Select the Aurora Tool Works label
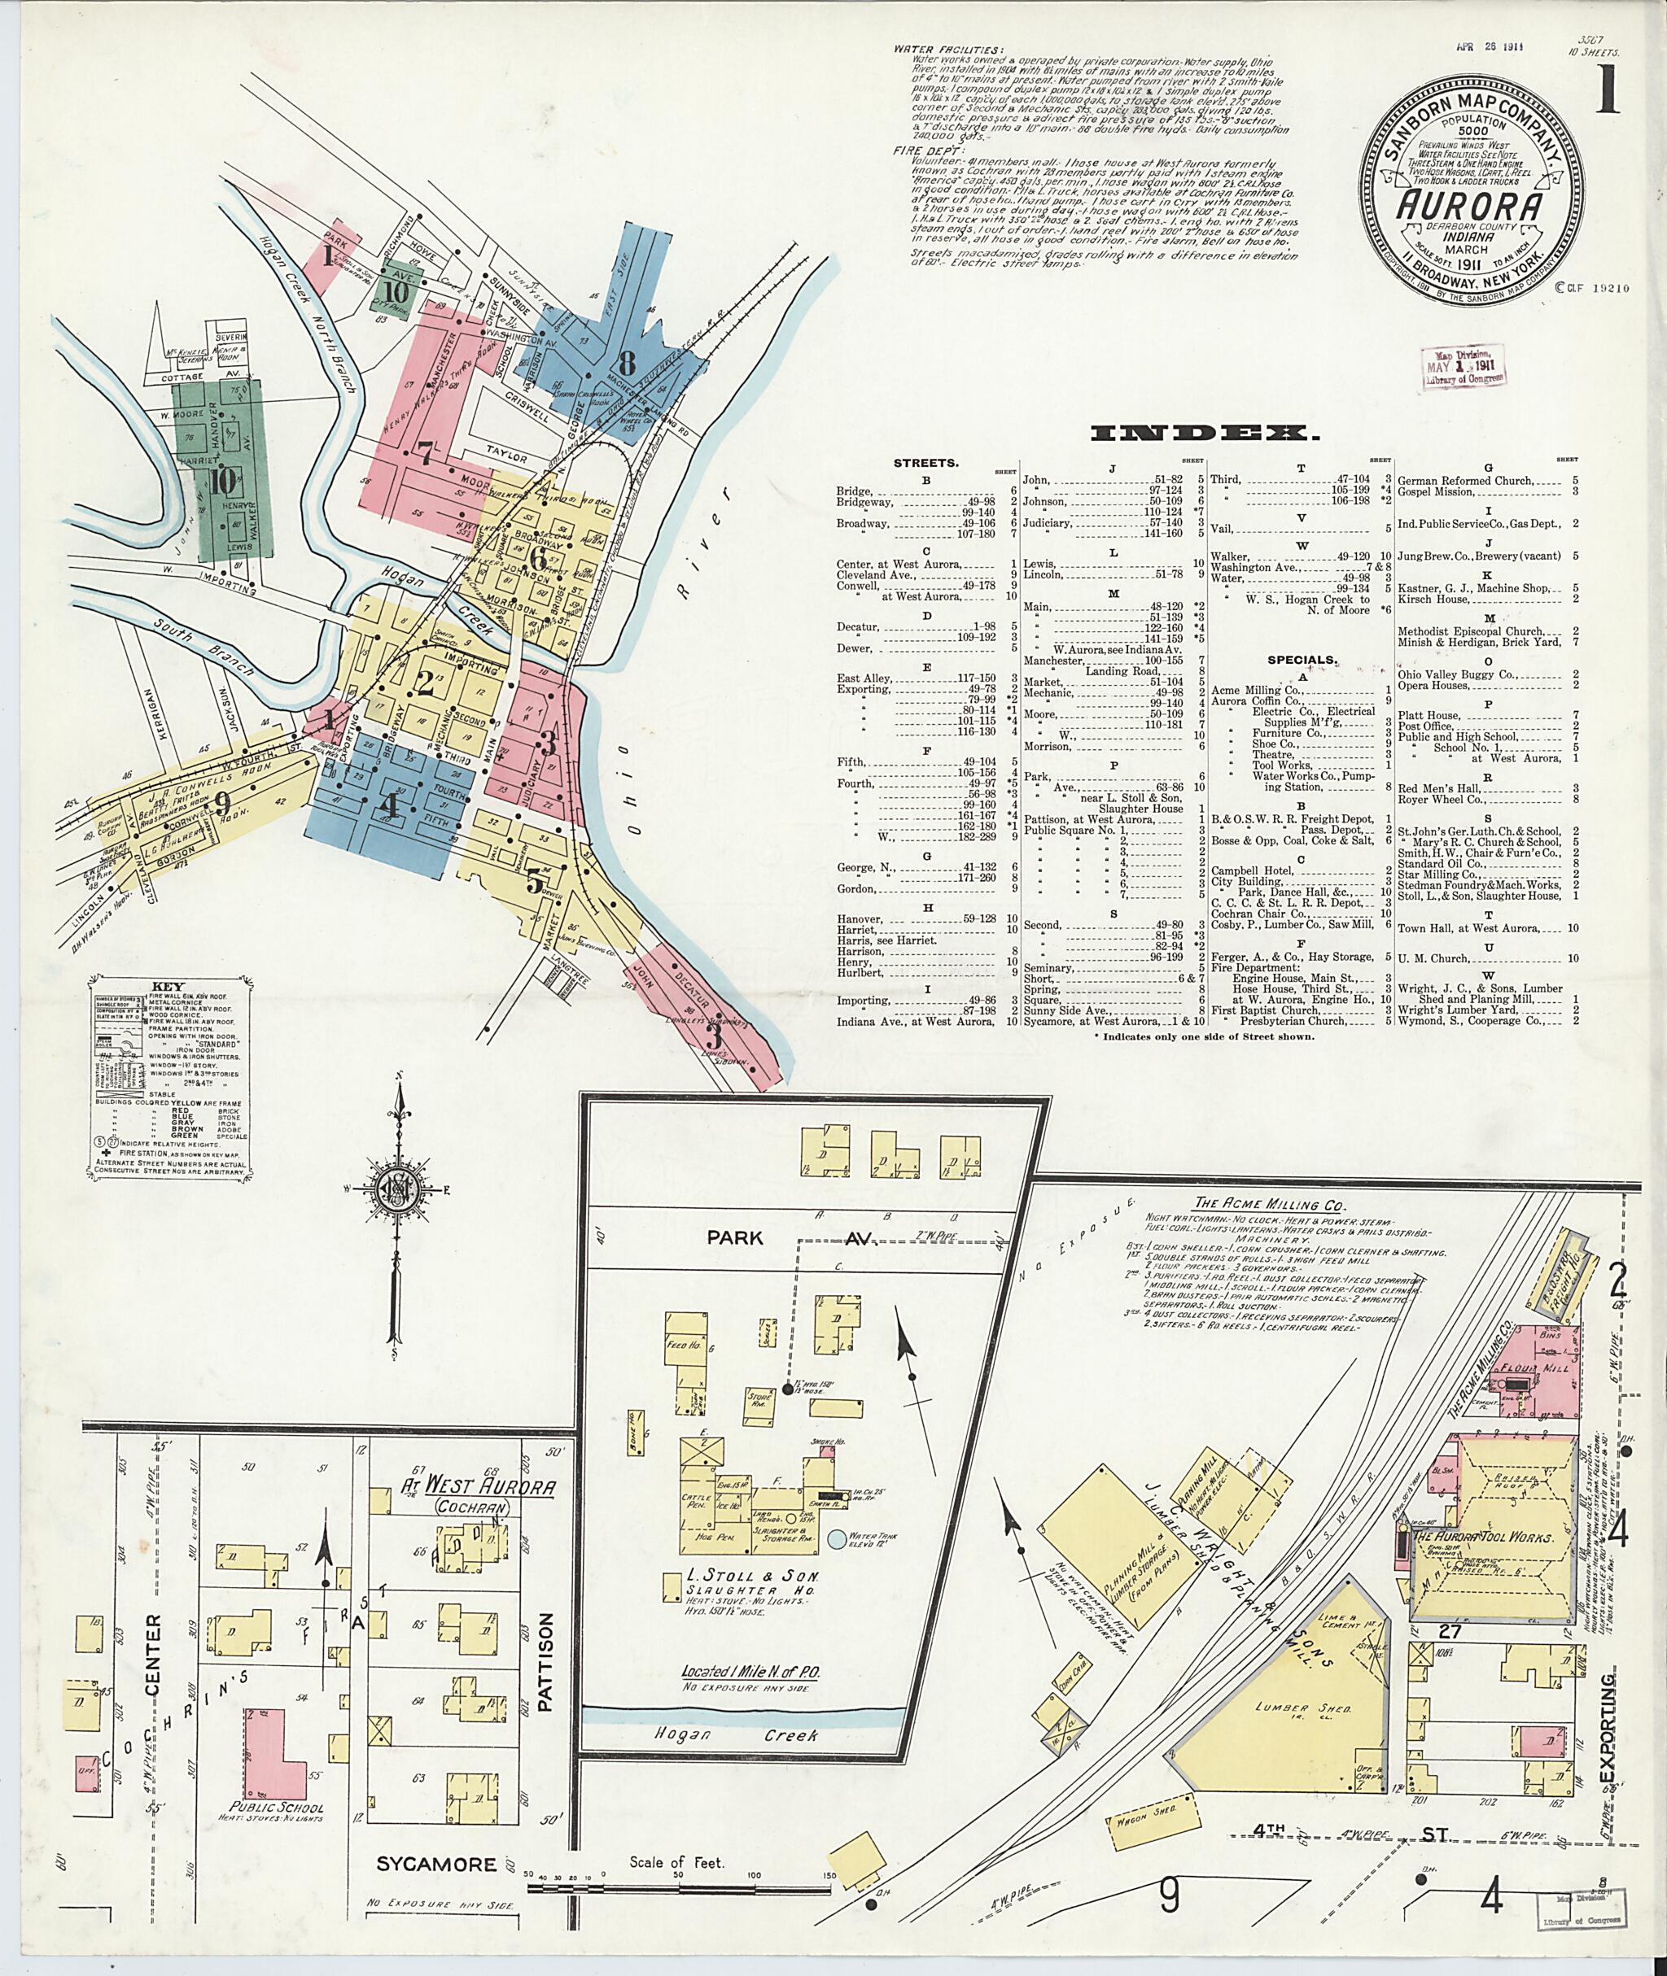click(1484, 1538)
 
